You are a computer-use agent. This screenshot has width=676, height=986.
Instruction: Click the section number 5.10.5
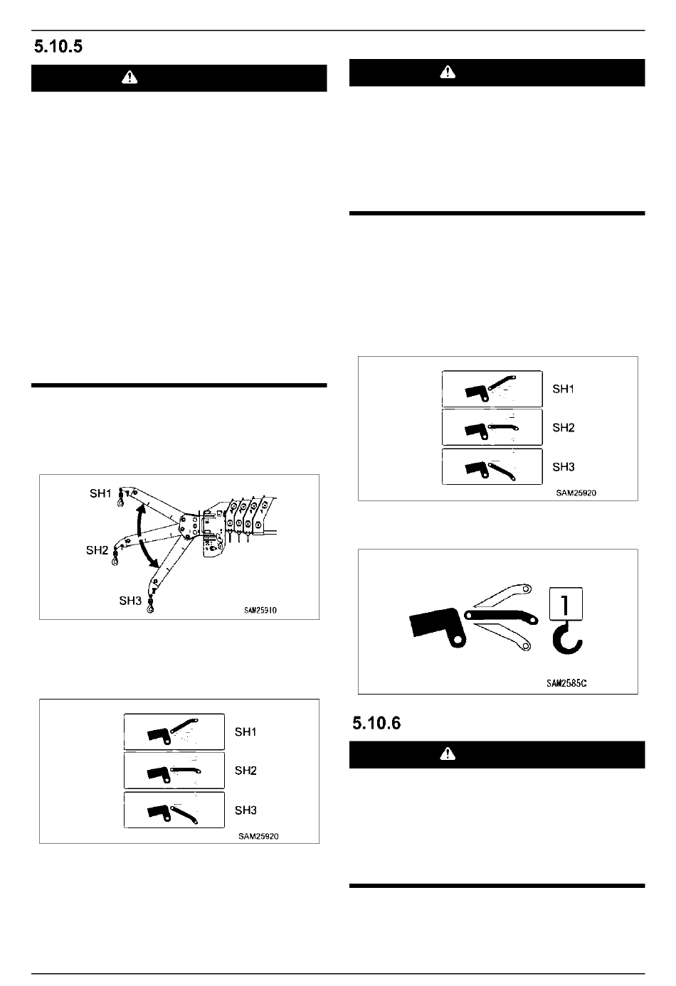click(x=58, y=46)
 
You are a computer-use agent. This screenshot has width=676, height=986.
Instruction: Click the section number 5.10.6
click(x=376, y=723)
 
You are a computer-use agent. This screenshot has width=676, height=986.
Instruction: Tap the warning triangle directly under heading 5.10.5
click(x=130, y=78)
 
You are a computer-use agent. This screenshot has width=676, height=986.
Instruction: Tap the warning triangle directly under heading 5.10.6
click(x=448, y=754)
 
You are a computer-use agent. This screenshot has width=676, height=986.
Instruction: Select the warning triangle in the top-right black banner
click(x=448, y=72)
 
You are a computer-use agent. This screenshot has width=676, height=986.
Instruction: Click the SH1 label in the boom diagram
click(x=100, y=493)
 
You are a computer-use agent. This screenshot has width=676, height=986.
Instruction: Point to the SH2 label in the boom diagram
click(x=97, y=550)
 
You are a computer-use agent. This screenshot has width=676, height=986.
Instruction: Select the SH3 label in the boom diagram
click(x=130, y=601)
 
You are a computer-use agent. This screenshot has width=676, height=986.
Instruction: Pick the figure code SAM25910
click(x=260, y=610)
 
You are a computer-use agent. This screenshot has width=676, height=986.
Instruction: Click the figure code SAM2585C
click(x=566, y=683)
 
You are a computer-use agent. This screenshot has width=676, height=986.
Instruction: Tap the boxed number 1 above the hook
click(x=566, y=604)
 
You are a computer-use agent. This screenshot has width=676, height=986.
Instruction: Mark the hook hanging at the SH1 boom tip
click(x=120, y=499)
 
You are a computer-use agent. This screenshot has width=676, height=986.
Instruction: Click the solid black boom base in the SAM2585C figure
click(x=436, y=626)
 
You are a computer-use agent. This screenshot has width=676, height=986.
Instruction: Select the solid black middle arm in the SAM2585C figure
click(x=501, y=616)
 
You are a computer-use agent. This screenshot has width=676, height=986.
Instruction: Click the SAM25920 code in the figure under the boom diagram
click(x=258, y=836)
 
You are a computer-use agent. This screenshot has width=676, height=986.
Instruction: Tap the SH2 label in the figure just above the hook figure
click(x=564, y=427)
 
